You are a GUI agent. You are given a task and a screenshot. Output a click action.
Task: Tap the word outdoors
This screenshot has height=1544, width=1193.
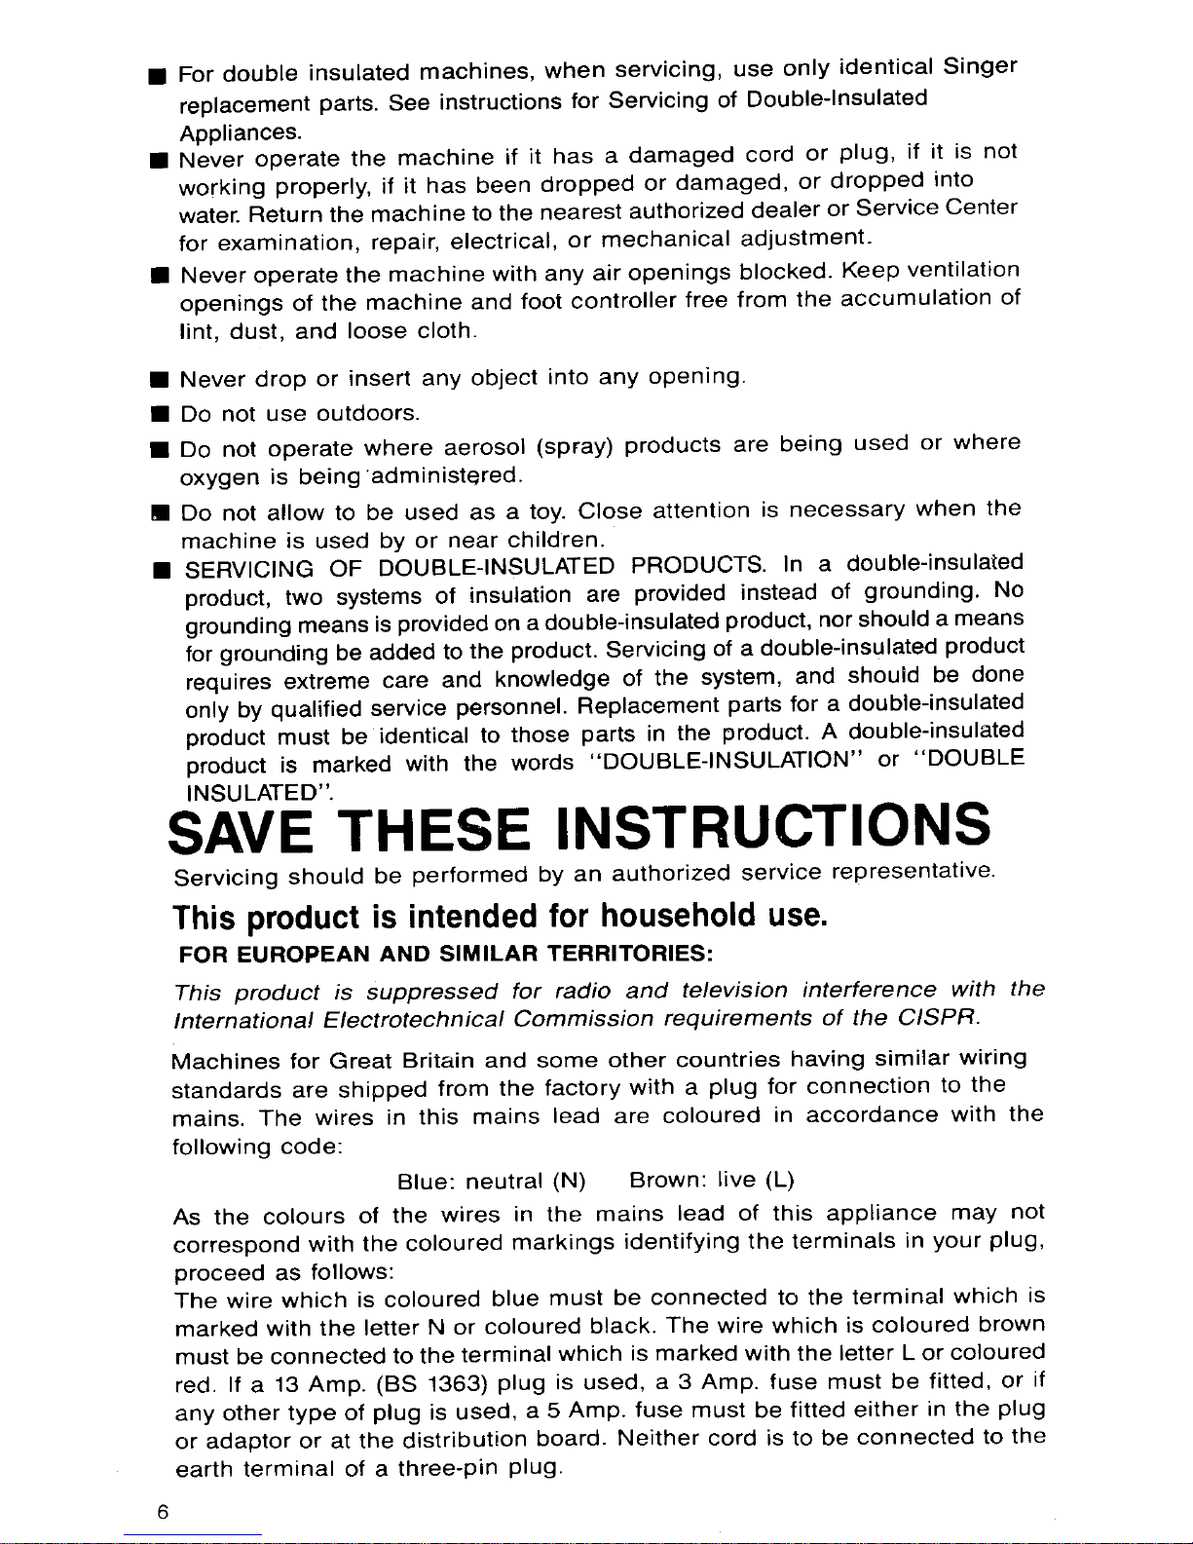pos(369,414)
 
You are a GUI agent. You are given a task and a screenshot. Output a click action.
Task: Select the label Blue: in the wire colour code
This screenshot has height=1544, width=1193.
pos(428,1184)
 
